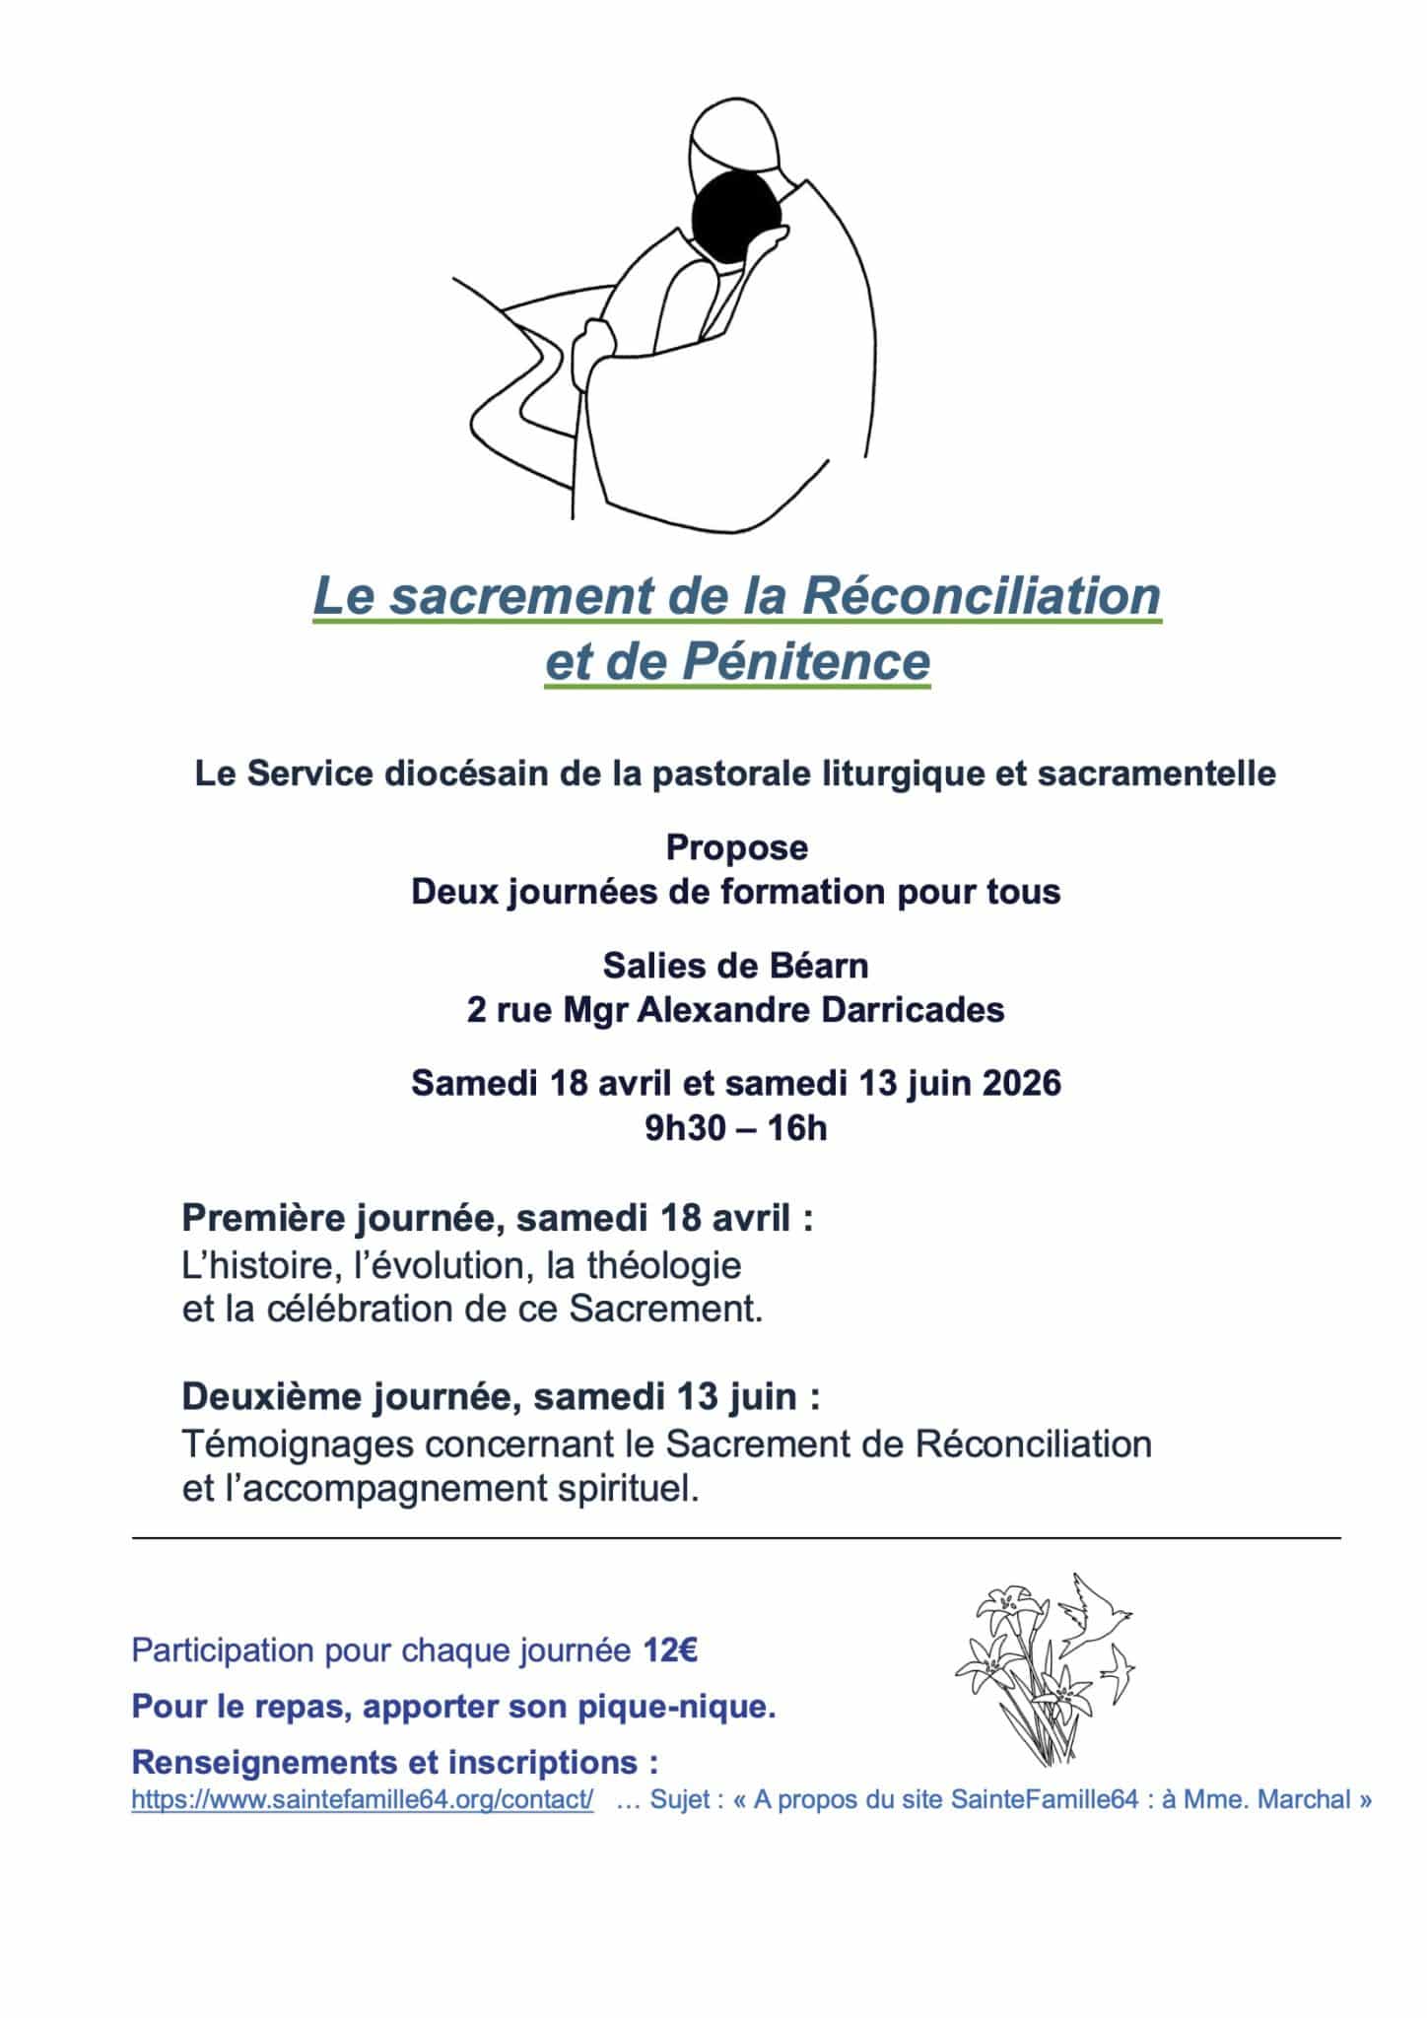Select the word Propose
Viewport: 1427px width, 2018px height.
pos(736,846)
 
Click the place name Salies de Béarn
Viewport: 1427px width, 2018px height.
pos(736,966)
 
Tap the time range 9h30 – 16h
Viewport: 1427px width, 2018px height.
pos(736,1127)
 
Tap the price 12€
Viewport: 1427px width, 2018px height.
pos(670,1650)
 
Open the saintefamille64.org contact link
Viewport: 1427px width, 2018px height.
pos(362,1800)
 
